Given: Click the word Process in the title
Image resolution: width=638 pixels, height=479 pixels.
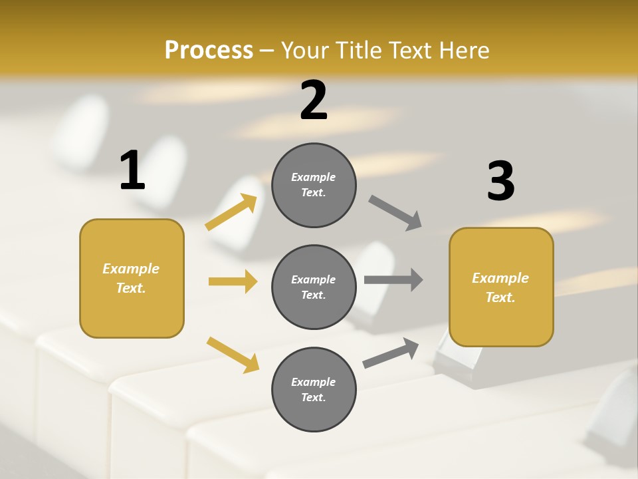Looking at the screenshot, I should pyautogui.click(x=209, y=51).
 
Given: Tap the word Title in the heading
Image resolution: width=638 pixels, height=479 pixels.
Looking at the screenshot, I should pyautogui.click(x=358, y=51).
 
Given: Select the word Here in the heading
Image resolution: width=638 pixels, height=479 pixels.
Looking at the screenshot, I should pyautogui.click(x=463, y=51).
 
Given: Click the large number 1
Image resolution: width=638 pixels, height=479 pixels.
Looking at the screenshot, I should pyautogui.click(x=132, y=170).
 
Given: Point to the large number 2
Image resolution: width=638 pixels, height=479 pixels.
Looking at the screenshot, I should pyautogui.click(x=314, y=100).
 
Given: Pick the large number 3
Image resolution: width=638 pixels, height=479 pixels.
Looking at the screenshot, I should pyautogui.click(x=500, y=181).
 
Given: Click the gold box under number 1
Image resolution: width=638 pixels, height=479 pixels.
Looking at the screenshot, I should pyautogui.click(x=132, y=278).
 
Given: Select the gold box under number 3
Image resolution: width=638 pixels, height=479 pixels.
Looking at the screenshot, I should pyautogui.click(x=501, y=287).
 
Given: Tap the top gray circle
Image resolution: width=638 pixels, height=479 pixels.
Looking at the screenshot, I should pyautogui.click(x=314, y=185).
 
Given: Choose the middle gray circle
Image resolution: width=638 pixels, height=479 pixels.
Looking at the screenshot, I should pyautogui.click(x=314, y=287).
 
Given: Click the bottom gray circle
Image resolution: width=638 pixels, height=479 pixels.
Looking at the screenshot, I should pyautogui.click(x=314, y=389).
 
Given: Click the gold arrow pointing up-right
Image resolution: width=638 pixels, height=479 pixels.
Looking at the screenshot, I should pyautogui.click(x=231, y=212).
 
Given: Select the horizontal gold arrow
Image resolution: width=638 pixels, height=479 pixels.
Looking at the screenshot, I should pyautogui.click(x=233, y=281).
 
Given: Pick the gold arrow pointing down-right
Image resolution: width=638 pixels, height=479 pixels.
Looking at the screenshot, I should pyautogui.click(x=233, y=355).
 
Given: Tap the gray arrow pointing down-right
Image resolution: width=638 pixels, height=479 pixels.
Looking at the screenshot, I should pyautogui.click(x=395, y=213).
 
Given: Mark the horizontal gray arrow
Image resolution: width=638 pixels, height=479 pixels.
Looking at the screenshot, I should pyautogui.click(x=393, y=279).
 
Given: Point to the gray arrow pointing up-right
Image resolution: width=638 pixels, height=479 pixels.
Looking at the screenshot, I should pyautogui.click(x=391, y=353).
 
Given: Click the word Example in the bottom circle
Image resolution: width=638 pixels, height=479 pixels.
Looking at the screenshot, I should pyautogui.click(x=313, y=382).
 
